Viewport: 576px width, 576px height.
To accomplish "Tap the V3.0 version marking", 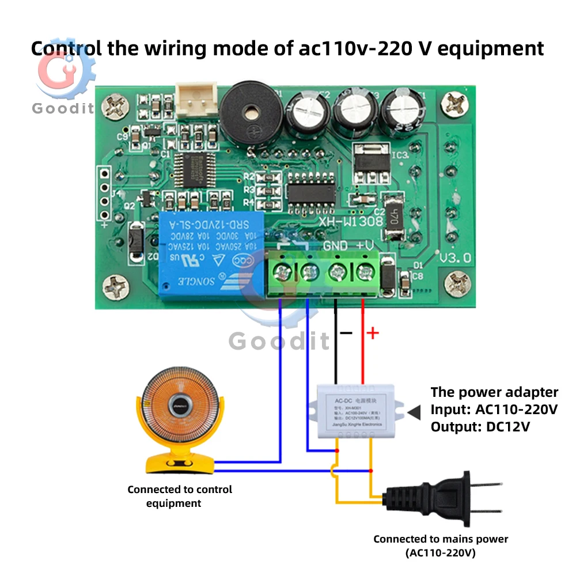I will (x=454, y=259).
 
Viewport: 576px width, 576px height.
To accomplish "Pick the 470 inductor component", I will (x=395, y=218).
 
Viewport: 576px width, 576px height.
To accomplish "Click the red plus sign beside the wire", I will (x=373, y=333).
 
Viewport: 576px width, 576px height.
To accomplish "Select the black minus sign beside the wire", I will (x=346, y=333).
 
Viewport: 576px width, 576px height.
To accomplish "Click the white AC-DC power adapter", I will (x=351, y=412).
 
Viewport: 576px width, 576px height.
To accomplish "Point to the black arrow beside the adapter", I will (x=414, y=411).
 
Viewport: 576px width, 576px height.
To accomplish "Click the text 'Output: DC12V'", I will (x=480, y=427).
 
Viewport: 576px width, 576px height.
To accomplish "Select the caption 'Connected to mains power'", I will (x=441, y=539).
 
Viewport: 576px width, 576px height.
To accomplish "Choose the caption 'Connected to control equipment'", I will (x=180, y=496).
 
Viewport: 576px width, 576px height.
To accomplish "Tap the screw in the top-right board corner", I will (x=457, y=106).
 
